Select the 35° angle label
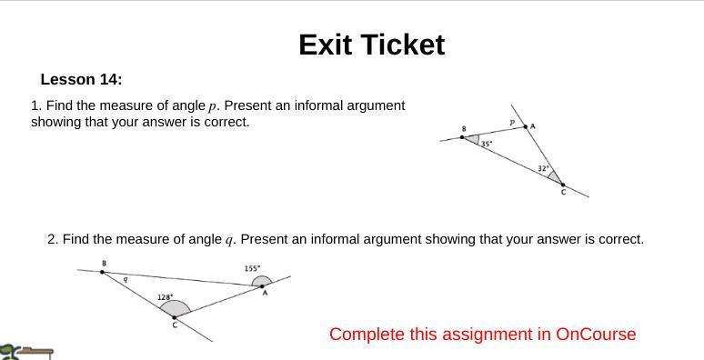(x=487, y=144)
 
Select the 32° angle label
(x=542, y=168)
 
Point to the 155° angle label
(x=253, y=268)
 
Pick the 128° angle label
(x=165, y=297)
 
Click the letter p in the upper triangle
(x=512, y=122)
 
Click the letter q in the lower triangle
(x=125, y=279)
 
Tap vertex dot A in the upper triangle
(x=525, y=126)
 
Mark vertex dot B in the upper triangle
(x=462, y=137)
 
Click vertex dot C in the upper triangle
(x=562, y=184)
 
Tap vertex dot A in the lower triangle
(x=264, y=285)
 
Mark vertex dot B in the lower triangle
(x=103, y=271)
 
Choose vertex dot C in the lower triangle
(x=175, y=317)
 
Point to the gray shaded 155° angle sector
(x=262, y=280)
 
